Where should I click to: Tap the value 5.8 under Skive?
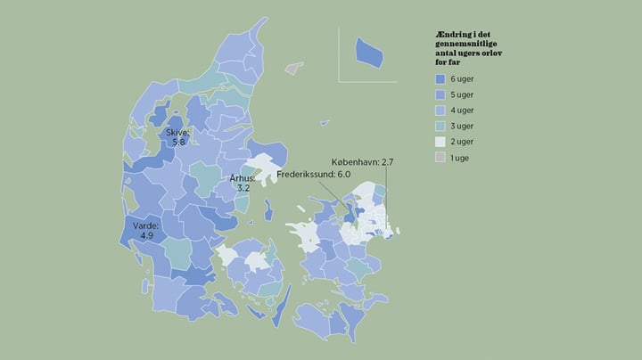pos(177,143)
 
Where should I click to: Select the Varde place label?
pos(145,226)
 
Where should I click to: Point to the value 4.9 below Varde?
pos(146,237)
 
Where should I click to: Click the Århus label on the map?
pos(243,178)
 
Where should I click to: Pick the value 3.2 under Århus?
pos(243,189)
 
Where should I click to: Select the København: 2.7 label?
pos(362,162)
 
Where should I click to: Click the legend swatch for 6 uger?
pos(439,80)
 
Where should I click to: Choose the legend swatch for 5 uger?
pos(439,95)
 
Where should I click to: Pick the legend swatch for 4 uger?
pos(439,110)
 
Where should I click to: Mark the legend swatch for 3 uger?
pos(439,127)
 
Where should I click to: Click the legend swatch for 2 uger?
pos(439,142)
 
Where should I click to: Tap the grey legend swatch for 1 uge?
pos(439,157)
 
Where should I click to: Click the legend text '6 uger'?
pos(461,80)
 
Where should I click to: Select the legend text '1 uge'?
pos(460,157)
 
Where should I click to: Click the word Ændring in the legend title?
pos(448,33)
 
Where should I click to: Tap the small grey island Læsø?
pos(292,67)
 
